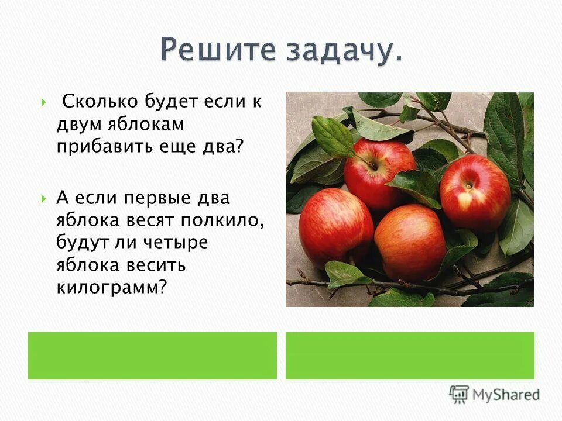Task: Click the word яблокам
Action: pyautogui.click(x=147, y=124)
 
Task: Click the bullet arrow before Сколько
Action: pyautogui.click(x=44, y=103)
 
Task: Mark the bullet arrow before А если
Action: pyautogui.click(x=44, y=198)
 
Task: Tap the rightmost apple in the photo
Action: pyautogui.click(x=475, y=192)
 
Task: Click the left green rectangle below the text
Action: pyautogui.click(x=152, y=356)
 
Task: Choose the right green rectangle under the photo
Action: pyautogui.click(x=410, y=356)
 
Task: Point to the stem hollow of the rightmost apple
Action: pyautogui.click(x=469, y=186)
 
